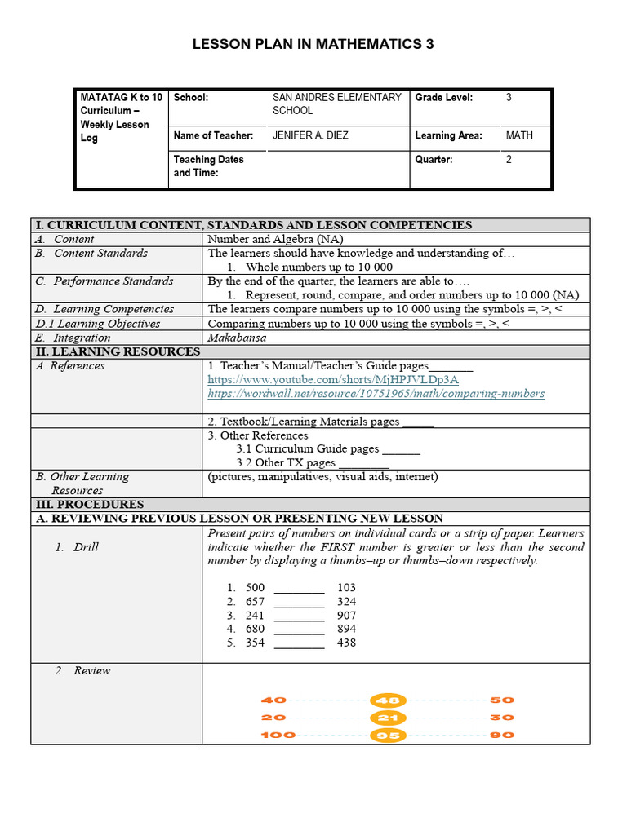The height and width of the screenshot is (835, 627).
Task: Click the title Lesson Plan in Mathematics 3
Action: [313, 45]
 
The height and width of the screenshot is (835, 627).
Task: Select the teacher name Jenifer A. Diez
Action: [310, 135]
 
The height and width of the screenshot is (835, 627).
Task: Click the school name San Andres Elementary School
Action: [336, 104]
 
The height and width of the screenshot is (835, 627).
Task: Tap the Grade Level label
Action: [443, 97]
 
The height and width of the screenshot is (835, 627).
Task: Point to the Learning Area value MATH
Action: [519, 135]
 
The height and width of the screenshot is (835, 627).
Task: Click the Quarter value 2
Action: [509, 160]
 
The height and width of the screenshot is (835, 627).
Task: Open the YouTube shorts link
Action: [332, 380]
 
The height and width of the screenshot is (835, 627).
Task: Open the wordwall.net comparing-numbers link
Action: [376, 394]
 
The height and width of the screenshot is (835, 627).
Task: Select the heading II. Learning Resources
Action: [117, 351]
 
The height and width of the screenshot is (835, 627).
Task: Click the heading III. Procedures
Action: [89, 505]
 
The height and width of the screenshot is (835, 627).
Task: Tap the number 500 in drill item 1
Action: [255, 587]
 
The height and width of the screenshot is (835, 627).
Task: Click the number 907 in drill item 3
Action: [346, 616]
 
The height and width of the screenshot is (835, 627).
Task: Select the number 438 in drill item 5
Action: [346, 643]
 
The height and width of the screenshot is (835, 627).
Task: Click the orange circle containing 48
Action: [388, 700]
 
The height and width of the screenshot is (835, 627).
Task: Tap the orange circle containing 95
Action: [388, 736]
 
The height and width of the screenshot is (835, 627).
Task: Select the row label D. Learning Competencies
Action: [104, 309]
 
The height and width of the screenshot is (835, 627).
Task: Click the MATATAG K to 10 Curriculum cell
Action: [121, 117]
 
